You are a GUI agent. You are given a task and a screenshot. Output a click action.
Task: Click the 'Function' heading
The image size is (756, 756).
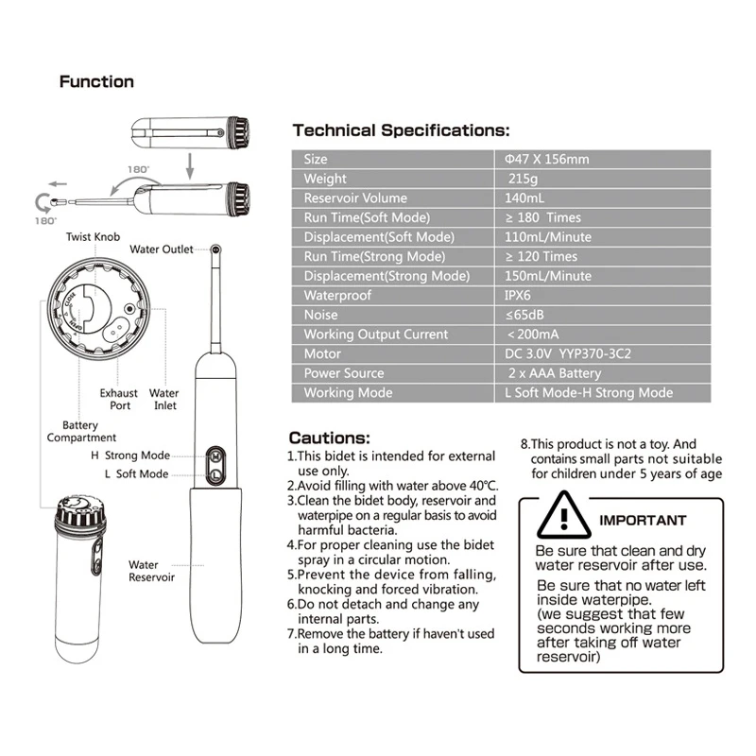[x=96, y=82]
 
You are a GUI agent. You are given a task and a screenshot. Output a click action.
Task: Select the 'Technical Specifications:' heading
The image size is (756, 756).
[x=401, y=130]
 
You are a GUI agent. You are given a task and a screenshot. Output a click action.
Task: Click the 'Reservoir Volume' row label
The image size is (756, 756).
[x=355, y=198]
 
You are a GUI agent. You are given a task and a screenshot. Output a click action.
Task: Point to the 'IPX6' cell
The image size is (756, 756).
[x=522, y=296]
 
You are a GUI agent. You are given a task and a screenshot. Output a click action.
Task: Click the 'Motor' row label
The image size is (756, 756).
[x=321, y=354]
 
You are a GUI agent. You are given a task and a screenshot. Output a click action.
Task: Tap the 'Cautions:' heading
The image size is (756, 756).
[x=329, y=438]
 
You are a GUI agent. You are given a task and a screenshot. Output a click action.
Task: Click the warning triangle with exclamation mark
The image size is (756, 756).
[x=564, y=517]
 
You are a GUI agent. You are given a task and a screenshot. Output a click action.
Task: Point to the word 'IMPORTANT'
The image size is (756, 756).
[x=644, y=521]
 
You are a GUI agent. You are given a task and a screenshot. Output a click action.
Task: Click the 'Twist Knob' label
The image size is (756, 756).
[x=94, y=236]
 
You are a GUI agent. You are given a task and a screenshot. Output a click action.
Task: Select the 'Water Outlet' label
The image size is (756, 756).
[x=161, y=249]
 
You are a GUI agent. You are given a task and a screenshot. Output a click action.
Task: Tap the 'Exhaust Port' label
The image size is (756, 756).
[x=119, y=399]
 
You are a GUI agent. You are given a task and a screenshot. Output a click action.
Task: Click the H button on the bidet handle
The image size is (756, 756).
[x=215, y=455]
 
